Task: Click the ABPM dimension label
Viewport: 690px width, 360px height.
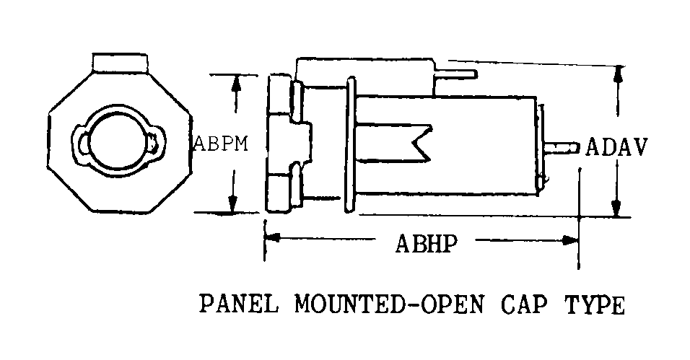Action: pos(222,144)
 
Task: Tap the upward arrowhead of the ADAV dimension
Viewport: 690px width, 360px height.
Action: pos(618,74)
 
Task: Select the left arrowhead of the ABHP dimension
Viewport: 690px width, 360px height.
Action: pos(272,238)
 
